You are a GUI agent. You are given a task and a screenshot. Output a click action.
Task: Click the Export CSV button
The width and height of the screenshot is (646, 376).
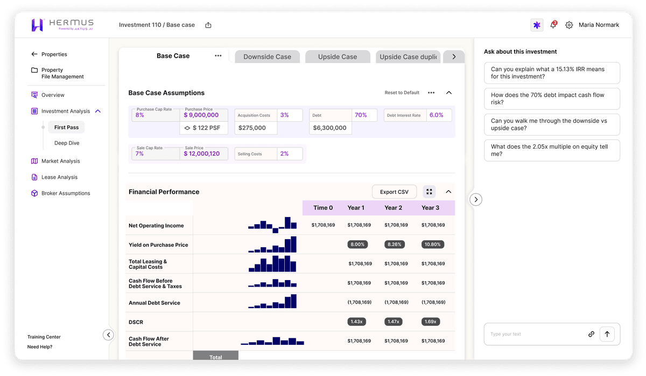tap(394, 192)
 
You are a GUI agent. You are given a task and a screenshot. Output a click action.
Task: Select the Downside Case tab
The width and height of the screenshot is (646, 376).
tap(267, 57)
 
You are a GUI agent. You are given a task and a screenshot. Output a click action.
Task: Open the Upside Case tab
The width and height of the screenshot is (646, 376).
tap(338, 57)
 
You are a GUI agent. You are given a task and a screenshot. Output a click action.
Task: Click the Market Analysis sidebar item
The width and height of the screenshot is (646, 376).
tap(60, 161)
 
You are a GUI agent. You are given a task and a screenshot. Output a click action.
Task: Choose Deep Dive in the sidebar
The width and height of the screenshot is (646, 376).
tap(67, 143)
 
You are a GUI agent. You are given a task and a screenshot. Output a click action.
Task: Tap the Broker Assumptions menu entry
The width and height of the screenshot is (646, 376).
tap(66, 193)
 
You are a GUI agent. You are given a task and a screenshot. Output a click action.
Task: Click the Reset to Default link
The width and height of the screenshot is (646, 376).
tap(402, 93)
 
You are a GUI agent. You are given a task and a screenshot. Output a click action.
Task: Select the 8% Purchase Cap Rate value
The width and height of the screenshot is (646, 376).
tap(140, 115)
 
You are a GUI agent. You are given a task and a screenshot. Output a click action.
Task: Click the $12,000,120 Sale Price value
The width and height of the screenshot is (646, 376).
tap(202, 154)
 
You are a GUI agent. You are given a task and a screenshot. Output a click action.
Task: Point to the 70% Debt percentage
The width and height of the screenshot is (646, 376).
tap(361, 115)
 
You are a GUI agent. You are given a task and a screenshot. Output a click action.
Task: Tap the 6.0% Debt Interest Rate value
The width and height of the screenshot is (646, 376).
tap(436, 115)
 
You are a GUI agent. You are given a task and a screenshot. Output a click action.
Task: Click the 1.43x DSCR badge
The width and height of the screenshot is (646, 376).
tap(356, 322)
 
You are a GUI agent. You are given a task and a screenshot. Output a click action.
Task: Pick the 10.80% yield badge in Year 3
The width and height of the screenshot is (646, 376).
tap(432, 244)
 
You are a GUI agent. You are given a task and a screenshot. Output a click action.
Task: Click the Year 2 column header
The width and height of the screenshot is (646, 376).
tap(393, 208)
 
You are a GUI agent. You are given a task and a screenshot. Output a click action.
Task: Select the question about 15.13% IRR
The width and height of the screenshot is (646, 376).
tap(551, 73)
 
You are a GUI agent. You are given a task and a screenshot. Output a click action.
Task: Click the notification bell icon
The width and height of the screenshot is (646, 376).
tap(553, 25)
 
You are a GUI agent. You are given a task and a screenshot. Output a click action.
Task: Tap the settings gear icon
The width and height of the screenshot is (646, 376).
tap(569, 25)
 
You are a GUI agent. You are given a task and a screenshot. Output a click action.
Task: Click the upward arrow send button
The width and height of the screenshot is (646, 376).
tap(607, 334)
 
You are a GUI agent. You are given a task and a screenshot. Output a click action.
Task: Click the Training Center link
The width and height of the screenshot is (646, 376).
tap(44, 337)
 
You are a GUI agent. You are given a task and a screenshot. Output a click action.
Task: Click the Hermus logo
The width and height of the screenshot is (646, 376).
tap(62, 25)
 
